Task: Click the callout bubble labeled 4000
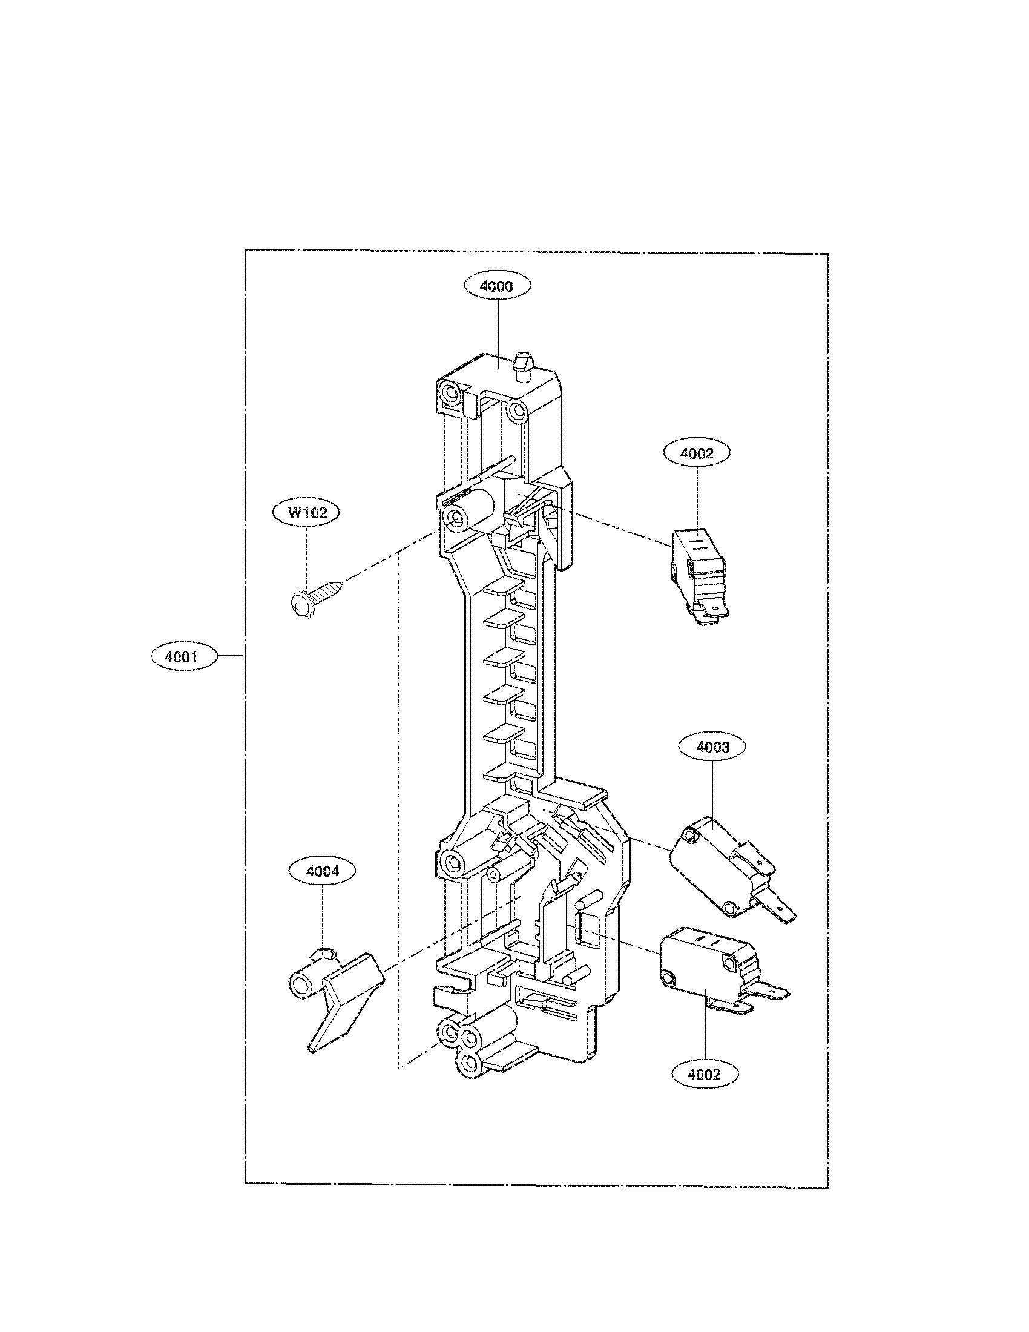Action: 497,286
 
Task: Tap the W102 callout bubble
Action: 307,512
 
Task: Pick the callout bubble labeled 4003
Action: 712,748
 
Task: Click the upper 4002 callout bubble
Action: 697,453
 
